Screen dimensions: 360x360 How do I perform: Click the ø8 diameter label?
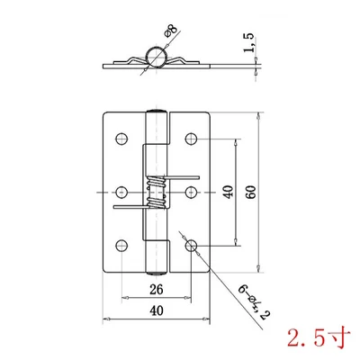[171, 31]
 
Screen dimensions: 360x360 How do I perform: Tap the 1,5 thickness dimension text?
[248, 42]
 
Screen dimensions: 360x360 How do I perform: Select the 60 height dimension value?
[251, 192]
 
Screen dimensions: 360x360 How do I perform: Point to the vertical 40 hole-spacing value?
[229, 192]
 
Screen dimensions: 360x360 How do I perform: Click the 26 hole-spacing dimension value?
[157, 289]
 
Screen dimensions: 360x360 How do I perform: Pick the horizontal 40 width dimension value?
[157, 310]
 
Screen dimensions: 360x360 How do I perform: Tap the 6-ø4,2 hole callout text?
[255, 302]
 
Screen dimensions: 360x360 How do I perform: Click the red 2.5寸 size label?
[319, 337]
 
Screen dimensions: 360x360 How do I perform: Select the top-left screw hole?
[121, 139]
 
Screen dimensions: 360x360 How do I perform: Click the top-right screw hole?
[191, 139]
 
